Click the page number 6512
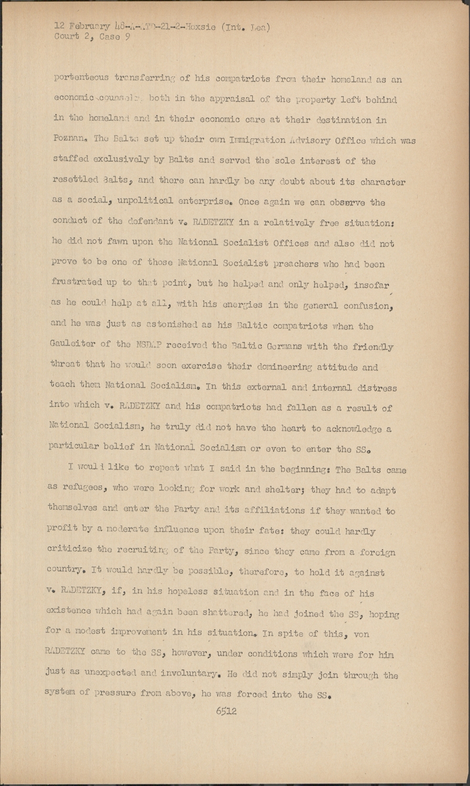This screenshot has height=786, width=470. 226,711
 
